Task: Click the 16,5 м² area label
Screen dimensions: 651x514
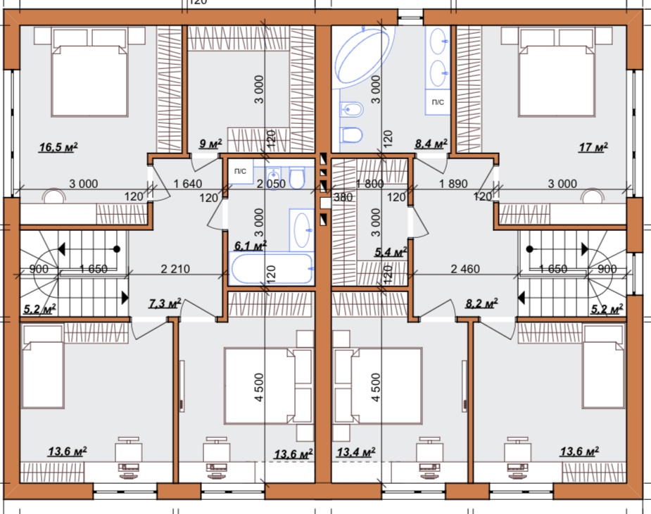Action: coord(58,147)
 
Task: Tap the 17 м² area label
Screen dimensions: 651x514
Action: coord(593,147)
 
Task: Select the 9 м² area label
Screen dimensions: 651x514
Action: coord(210,144)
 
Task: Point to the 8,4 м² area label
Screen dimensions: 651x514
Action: coord(431,144)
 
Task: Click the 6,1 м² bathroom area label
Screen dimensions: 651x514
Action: coord(251,246)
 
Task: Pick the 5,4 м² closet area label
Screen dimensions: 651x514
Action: coord(391,252)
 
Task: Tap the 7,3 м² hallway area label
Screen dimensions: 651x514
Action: coord(165,303)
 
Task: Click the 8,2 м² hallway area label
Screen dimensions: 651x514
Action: coord(481,303)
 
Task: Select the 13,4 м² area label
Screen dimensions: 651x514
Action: coord(356,452)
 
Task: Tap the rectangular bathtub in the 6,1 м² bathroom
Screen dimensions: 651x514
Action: coord(272,269)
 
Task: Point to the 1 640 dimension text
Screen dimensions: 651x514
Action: coord(188,184)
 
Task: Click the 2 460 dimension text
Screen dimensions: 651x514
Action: coord(465,269)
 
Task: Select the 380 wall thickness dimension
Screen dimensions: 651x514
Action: coord(343,197)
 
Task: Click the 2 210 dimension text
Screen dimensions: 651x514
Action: coord(175,269)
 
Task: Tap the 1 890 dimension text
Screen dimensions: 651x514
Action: coord(453,184)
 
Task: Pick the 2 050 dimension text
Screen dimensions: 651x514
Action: coord(271,184)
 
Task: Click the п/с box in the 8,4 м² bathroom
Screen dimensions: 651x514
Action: coord(438,102)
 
